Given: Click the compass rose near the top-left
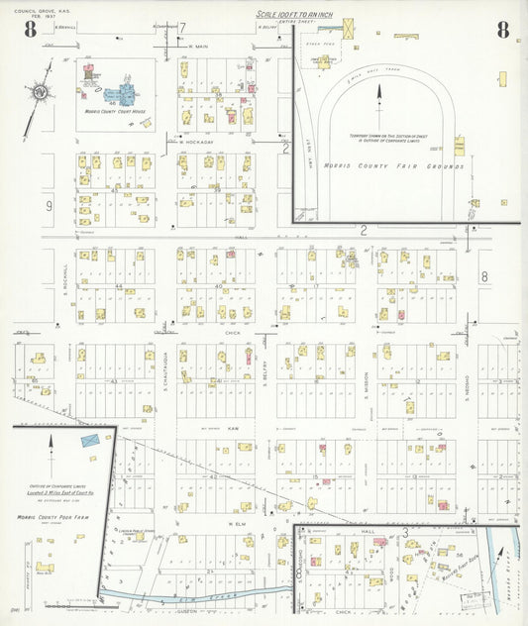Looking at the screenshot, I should point(39,93).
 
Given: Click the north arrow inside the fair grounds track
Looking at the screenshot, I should point(378,95).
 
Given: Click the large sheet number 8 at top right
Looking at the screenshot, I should point(503,30).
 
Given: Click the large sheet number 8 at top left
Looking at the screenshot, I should point(31,30).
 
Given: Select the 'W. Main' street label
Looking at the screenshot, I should point(199,47).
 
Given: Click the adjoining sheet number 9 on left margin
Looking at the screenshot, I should point(48,206).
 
